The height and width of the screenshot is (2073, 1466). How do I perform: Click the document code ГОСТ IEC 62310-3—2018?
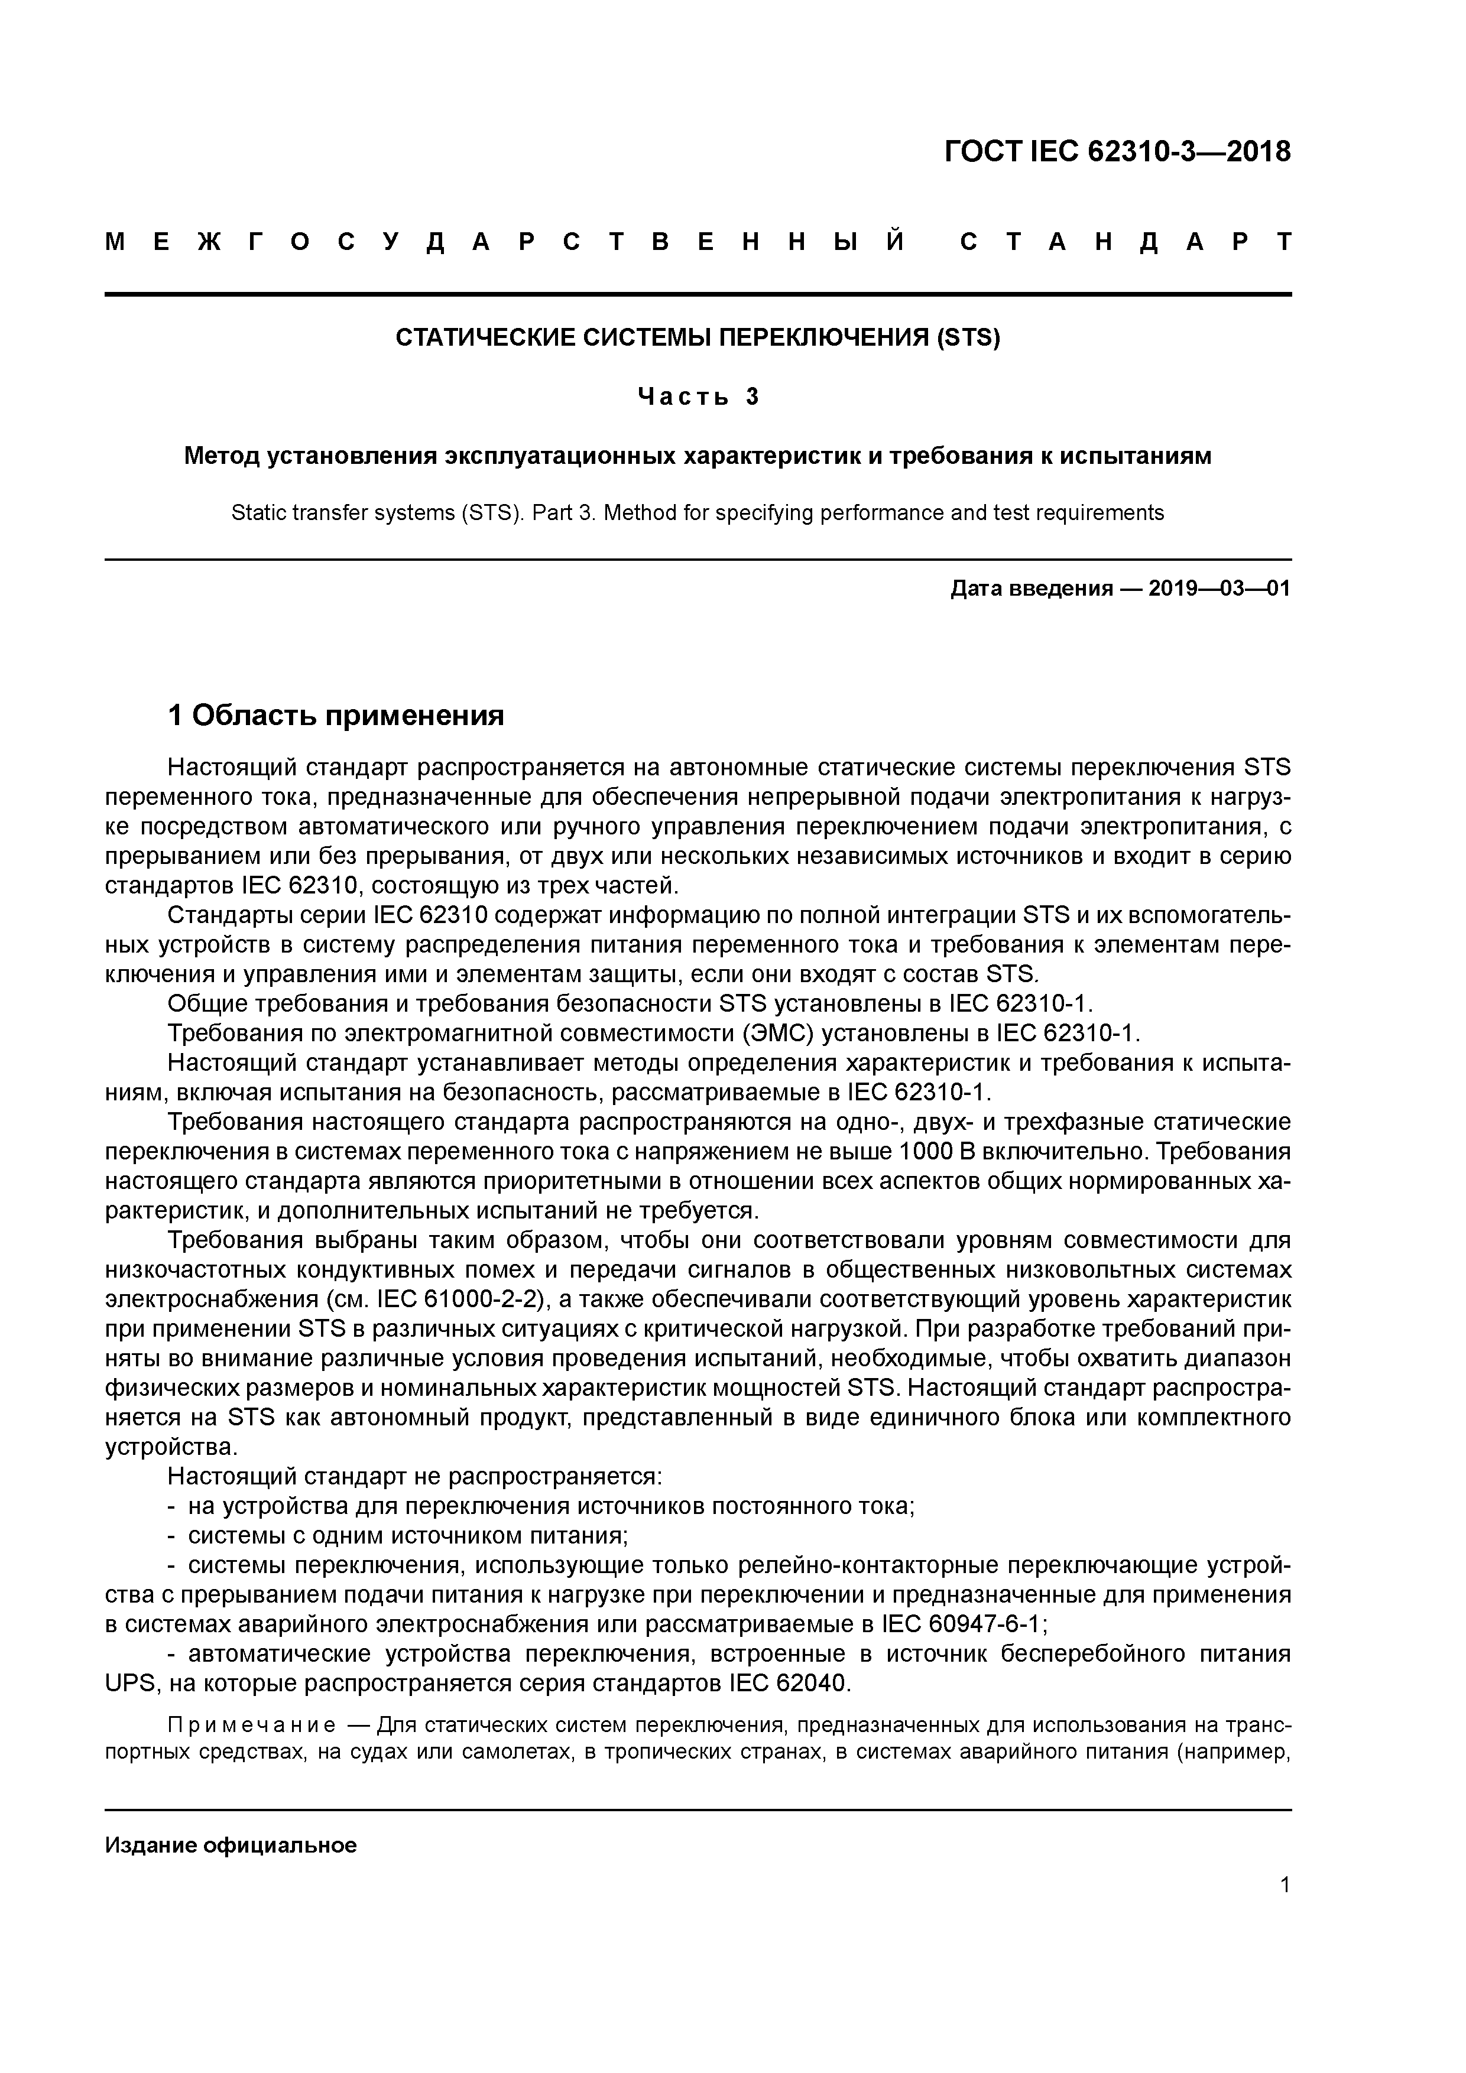[1117, 151]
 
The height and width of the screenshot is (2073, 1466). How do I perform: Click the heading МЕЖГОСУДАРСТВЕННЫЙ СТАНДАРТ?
[698, 242]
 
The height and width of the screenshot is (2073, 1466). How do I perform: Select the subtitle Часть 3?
[698, 397]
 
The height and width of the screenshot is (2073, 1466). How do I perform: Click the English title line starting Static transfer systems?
[698, 513]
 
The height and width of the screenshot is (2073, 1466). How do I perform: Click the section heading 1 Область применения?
[336, 716]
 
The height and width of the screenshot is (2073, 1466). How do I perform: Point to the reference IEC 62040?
[786, 1683]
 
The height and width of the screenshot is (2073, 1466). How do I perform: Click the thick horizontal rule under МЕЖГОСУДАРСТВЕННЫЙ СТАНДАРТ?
[698, 294]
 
